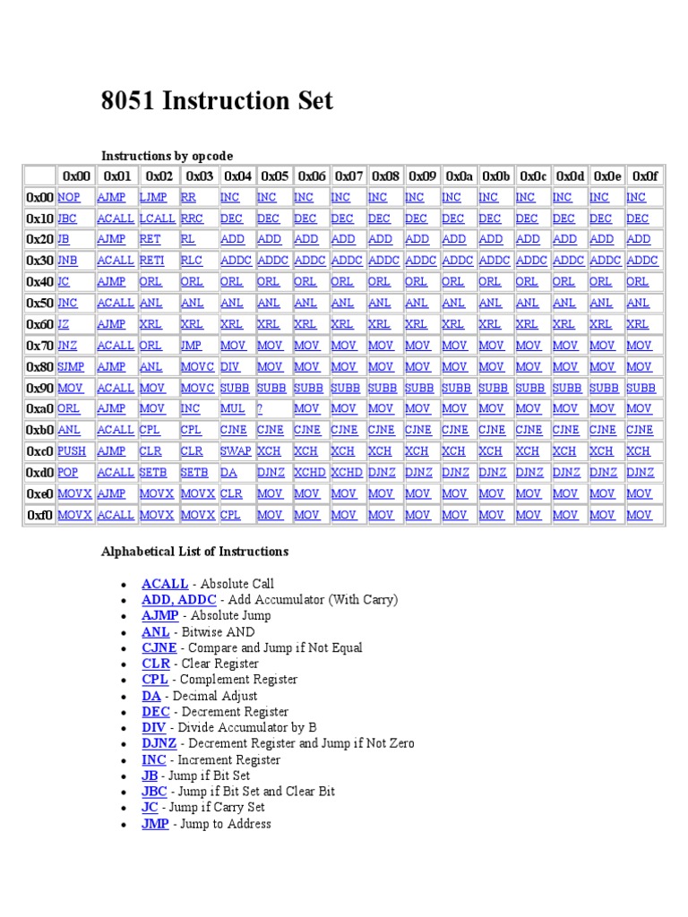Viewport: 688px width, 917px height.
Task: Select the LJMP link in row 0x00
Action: pyautogui.click(x=153, y=197)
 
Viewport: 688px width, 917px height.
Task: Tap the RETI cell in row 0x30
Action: pyautogui.click(x=153, y=261)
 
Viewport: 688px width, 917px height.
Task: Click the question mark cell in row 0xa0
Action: pyautogui.click(x=260, y=409)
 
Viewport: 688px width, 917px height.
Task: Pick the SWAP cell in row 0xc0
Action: pyautogui.click(x=236, y=451)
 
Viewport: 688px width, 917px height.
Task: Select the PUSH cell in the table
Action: pyautogui.click(x=72, y=451)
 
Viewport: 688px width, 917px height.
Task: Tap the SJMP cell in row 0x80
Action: pyautogui.click(x=72, y=366)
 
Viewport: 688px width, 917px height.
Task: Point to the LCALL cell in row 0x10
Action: pyautogui.click(x=158, y=219)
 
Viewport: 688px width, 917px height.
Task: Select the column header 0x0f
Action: pyautogui.click(x=645, y=176)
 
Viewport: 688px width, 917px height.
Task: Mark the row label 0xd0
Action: pyautogui.click(x=39, y=473)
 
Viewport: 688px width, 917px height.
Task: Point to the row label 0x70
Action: pyautogui.click(x=39, y=346)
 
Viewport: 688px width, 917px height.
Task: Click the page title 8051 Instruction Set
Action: pyautogui.click(x=217, y=101)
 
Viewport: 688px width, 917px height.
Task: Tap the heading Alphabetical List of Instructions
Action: pyautogui.click(x=194, y=552)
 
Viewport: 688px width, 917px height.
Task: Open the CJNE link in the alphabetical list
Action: pyautogui.click(x=159, y=647)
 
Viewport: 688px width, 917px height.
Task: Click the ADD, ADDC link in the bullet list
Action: pyautogui.click(x=179, y=600)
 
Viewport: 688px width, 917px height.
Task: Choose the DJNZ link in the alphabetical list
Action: pyautogui.click(x=159, y=743)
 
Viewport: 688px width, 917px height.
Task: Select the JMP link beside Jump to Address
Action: pyautogui.click(x=155, y=824)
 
